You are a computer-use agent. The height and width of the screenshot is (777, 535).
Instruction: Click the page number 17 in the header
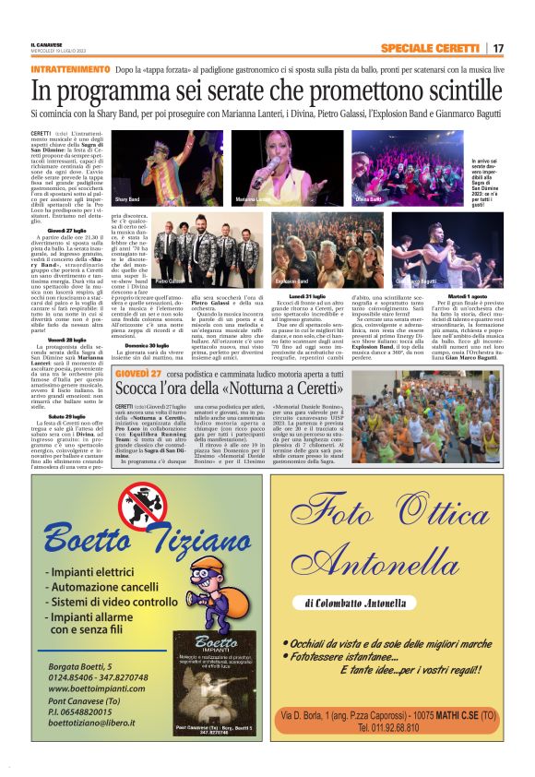tap(498, 48)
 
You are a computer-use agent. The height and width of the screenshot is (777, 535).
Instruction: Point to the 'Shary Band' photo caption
tap(127, 198)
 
